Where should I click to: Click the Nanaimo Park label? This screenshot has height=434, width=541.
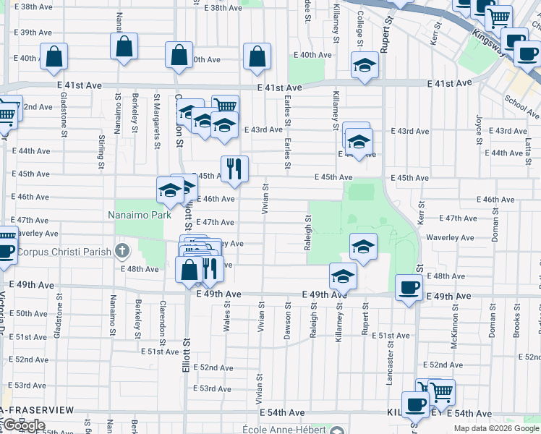tap(140, 215)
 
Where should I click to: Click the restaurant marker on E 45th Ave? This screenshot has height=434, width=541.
tap(234, 169)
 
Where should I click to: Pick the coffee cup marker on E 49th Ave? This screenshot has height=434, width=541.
tap(409, 287)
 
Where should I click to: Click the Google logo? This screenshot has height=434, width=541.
tap(24, 425)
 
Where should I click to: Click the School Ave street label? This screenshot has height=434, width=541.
tap(521, 106)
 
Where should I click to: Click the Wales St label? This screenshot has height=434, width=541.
tap(227, 317)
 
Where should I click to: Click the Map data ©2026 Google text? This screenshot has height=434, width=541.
tap(496, 428)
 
